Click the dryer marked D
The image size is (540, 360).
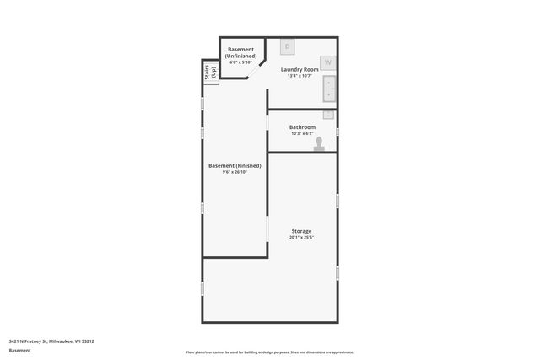(x=287, y=46)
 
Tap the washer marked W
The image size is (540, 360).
(x=328, y=62)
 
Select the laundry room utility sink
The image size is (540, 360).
(x=328, y=89)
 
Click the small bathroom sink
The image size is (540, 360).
(x=328, y=114)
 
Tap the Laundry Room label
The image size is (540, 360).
(x=300, y=69)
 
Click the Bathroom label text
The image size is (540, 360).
(x=302, y=127)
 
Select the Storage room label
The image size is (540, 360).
(x=301, y=231)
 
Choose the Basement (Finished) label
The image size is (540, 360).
(x=235, y=166)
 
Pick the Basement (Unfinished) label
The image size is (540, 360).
(x=241, y=53)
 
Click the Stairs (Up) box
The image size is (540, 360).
(x=210, y=73)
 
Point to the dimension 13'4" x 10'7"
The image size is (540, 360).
(x=300, y=76)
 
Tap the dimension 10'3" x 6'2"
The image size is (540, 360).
(x=302, y=133)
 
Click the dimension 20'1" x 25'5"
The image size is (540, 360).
(x=301, y=238)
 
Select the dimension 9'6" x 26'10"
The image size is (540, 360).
(x=235, y=173)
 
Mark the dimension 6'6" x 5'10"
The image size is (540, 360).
(x=241, y=62)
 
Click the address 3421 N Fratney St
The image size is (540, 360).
(x=51, y=341)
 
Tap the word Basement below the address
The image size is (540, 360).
(x=19, y=350)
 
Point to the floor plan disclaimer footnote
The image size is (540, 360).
(x=270, y=352)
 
